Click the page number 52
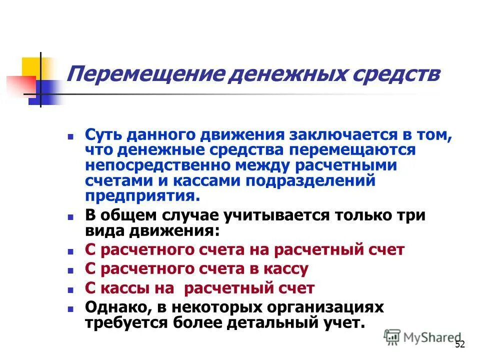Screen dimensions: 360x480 click(460, 345)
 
